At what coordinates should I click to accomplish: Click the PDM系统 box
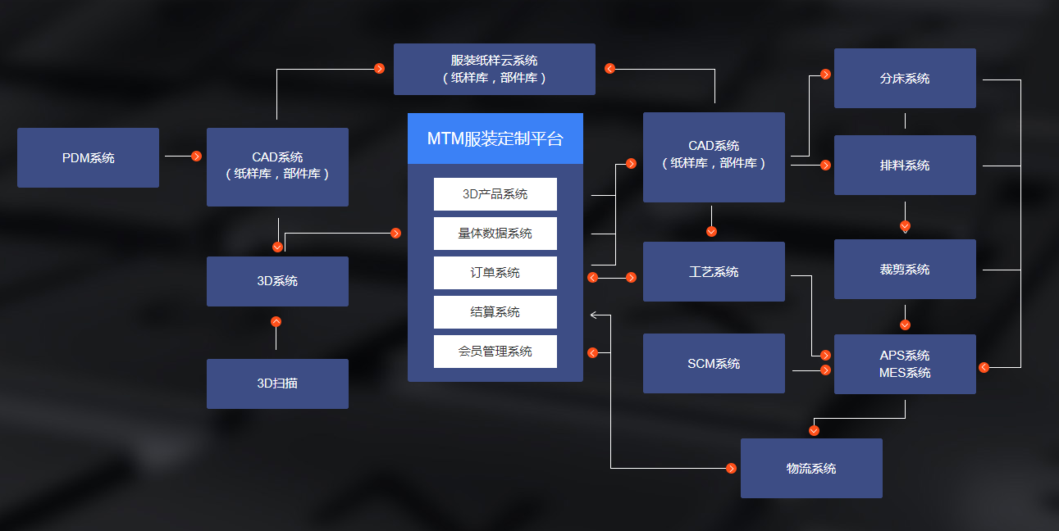tap(88, 158)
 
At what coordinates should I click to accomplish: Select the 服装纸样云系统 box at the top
tap(494, 70)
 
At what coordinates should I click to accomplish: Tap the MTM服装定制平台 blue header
tap(495, 138)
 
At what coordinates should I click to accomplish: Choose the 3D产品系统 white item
tap(495, 194)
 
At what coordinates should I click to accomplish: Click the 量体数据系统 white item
tap(495, 234)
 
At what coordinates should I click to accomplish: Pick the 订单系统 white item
tap(495, 273)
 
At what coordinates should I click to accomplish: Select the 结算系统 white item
tap(495, 312)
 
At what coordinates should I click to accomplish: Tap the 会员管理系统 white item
tap(495, 352)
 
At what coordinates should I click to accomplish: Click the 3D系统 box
tap(277, 281)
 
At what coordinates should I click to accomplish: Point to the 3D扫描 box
tap(277, 383)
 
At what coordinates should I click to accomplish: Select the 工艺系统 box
tap(714, 272)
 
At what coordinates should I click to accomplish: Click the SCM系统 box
tap(714, 364)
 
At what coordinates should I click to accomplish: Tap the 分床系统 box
tap(905, 79)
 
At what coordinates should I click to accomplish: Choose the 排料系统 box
tap(905, 166)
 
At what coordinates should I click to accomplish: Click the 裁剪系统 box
tap(905, 270)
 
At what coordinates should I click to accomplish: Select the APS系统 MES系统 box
tap(905, 365)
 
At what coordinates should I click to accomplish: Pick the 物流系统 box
tap(811, 469)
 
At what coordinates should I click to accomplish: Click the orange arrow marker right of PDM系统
tap(196, 156)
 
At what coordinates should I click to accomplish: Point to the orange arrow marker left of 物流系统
tap(731, 468)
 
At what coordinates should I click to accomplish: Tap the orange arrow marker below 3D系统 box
tap(276, 321)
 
